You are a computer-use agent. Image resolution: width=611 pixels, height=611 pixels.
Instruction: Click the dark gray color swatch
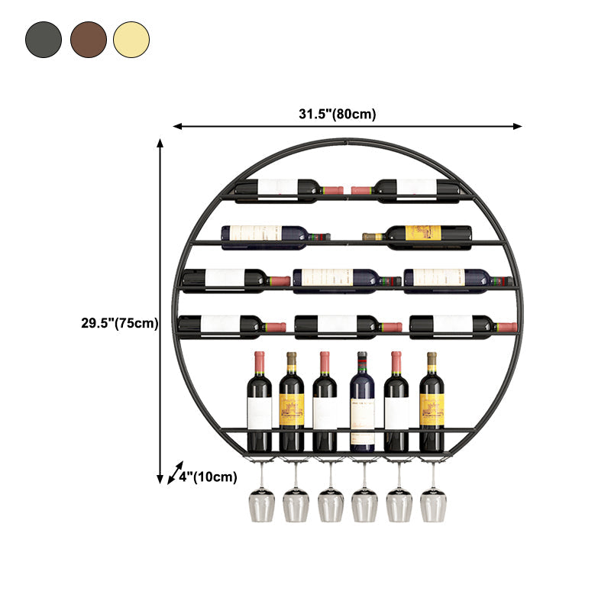44,39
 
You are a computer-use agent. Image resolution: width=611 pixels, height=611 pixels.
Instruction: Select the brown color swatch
89,39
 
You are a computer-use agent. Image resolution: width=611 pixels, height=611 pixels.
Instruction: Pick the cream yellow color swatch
132,39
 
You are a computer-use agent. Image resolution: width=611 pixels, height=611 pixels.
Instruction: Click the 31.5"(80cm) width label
337,115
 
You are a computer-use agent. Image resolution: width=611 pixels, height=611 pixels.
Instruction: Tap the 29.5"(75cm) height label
120,323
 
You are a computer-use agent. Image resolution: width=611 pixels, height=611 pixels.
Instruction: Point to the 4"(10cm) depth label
208,477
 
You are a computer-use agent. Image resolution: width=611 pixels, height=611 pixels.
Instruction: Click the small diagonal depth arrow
176,473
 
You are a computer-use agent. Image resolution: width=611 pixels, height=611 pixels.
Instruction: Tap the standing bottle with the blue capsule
362,405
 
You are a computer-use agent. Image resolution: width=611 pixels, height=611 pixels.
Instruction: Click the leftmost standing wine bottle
259,405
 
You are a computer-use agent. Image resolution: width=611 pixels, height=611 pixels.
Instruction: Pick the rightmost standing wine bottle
432,405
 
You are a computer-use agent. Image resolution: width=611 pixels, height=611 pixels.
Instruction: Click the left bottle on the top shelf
283,188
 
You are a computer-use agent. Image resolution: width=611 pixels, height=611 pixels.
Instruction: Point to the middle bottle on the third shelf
344,279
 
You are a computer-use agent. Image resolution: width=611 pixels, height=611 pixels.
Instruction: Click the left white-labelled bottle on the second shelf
271,234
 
